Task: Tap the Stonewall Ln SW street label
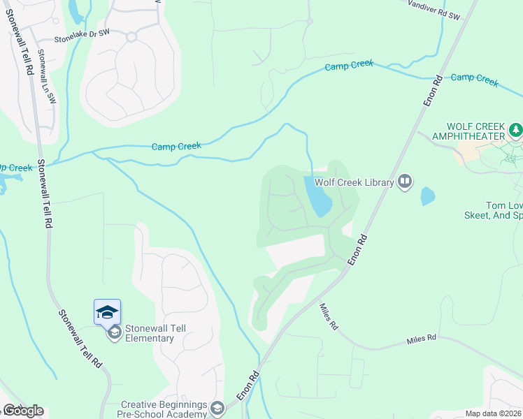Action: (46, 76)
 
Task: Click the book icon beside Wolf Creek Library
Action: (405, 182)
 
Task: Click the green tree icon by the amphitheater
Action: (515, 130)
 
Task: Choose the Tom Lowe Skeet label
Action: (503, 211)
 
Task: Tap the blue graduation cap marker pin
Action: (107, 311)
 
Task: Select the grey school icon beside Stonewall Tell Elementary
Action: (113, 333)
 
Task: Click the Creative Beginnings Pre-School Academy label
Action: (164, 409)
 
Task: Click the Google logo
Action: (22, 411)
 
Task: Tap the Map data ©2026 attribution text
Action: (493, 413)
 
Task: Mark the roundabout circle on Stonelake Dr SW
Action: (131, 36)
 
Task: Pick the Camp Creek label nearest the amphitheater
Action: (475, 78)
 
